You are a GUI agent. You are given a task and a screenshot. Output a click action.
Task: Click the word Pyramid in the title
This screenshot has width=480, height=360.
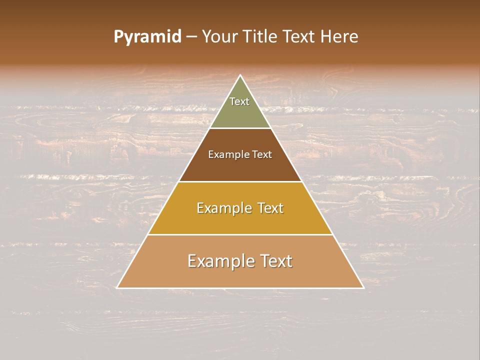(x=147, y=37)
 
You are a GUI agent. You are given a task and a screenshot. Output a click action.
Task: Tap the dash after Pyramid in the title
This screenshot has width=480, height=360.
(x=191, y=37)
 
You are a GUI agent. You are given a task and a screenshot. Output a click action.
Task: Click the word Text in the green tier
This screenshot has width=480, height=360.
(x=239, y=101)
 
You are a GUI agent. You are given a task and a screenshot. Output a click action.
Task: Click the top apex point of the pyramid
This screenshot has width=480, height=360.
(x=240, y=75)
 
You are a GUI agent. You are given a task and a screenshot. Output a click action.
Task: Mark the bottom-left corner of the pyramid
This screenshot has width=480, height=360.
(x=117, y=288)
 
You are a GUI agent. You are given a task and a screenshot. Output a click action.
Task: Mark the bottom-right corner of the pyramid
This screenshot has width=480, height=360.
(x=363, y=288)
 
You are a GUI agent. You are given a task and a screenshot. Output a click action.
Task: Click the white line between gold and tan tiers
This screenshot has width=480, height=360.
(x=240, y=234)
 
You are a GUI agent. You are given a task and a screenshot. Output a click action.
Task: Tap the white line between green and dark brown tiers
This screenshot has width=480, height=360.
(x=240, y=128)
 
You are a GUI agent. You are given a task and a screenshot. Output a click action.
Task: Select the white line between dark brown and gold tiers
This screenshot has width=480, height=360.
(x=240, y=181)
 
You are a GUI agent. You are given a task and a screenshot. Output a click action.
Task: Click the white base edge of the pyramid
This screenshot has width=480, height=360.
(x=240, y=288)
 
